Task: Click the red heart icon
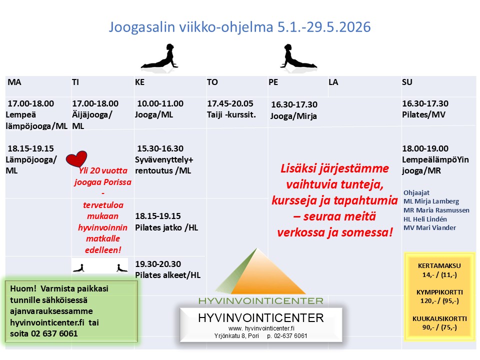[76, 159]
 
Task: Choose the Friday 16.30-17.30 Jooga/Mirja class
[294, 110]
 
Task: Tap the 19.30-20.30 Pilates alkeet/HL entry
[167, 269]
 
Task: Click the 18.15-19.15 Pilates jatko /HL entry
[166, 221]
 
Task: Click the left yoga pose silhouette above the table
[159, 56]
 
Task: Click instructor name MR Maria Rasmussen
[436, 210]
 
